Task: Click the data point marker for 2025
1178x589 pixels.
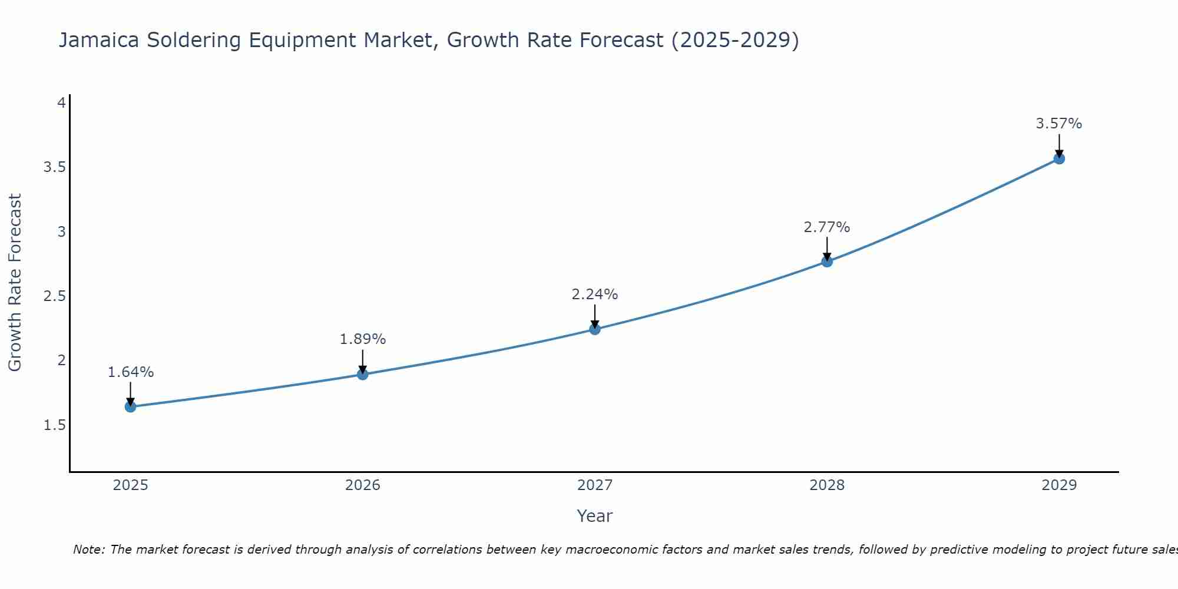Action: coord(131,406)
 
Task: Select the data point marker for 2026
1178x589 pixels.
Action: coord(363,374)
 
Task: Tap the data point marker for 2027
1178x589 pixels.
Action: coord(595,329)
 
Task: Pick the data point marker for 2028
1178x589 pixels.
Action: coord(827,262)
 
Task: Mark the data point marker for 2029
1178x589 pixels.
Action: coord(1059,158)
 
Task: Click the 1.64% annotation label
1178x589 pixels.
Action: coord(131,372)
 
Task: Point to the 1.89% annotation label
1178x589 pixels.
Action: coord(363,339)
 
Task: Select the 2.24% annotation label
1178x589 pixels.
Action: coord(595,294)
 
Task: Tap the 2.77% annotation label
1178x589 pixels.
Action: coord(827,227)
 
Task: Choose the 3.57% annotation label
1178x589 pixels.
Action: coord(1059,124)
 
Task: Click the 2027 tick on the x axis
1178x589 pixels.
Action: coord(595,485)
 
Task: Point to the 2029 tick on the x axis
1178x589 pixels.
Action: coord(1059,485)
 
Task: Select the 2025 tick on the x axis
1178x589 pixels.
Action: coord(131,485)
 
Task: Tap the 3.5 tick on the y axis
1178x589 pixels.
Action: coord(54,167)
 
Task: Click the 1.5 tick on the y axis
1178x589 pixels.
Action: coord(54,425)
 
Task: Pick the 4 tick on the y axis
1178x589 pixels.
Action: coord(61,103)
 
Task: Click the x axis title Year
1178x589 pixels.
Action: coord(595,516)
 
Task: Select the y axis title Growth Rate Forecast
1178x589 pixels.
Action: coord(15,283)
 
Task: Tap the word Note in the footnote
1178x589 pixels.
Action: coord(88,550)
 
